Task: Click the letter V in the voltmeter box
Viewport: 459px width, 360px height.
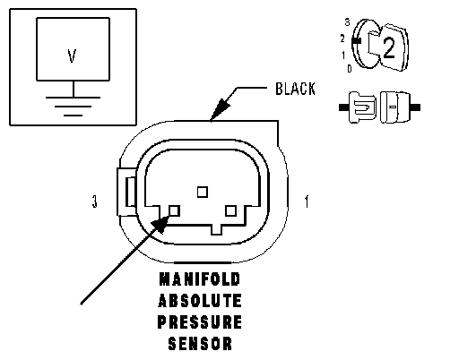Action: coord(72,56)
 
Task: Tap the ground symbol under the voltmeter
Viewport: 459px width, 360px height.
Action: coord(73,106)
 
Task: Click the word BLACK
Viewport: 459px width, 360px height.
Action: coord(295,89)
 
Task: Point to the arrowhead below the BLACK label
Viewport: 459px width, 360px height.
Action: coord(220,108)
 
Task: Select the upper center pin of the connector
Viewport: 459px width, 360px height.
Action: coord(203,192)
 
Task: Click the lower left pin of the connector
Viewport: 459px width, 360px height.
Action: coord(175,210)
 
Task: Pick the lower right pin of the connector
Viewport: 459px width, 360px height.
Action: coord(230,210)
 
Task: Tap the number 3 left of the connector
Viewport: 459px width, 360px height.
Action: coord(95,201)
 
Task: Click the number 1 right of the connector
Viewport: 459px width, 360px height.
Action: coord(307,201)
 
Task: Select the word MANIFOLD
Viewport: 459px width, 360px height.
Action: coord(200,279)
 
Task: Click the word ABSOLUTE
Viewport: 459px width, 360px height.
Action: coord(200,301)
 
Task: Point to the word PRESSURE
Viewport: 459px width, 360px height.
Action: coord(200,322)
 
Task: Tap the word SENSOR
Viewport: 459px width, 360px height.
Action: coord(200,344)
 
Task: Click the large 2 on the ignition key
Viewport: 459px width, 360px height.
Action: coord(389,47)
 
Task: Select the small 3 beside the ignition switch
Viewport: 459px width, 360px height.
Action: coord(347,22)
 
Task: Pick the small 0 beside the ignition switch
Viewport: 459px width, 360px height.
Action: coord(350,69)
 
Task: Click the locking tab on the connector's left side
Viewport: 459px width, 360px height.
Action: coord(127,192)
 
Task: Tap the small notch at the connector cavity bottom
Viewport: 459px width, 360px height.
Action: coord(217,229)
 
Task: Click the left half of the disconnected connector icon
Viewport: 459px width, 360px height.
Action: coord(362,107)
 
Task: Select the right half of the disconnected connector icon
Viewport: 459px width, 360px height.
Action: coord(395,107)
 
